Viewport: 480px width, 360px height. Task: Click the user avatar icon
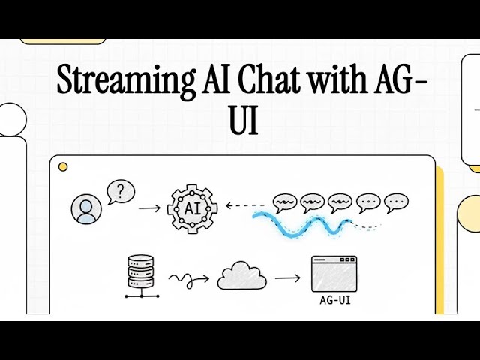click(x=87, y=208)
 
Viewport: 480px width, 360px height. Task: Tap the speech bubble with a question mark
click(x=120, y=192)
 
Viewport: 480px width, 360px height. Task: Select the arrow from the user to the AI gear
click(x=150, y=207)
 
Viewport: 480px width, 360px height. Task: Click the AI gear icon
click(x=192, y=207)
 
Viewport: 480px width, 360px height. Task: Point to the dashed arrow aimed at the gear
click(x=247, y=205)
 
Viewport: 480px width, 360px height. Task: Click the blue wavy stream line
click(x=300, y=223)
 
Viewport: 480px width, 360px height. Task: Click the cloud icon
click(x=241, y=277)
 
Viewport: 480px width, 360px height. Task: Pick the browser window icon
click(x=334, y=274)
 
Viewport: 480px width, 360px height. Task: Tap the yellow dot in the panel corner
click(x=64, y=166)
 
